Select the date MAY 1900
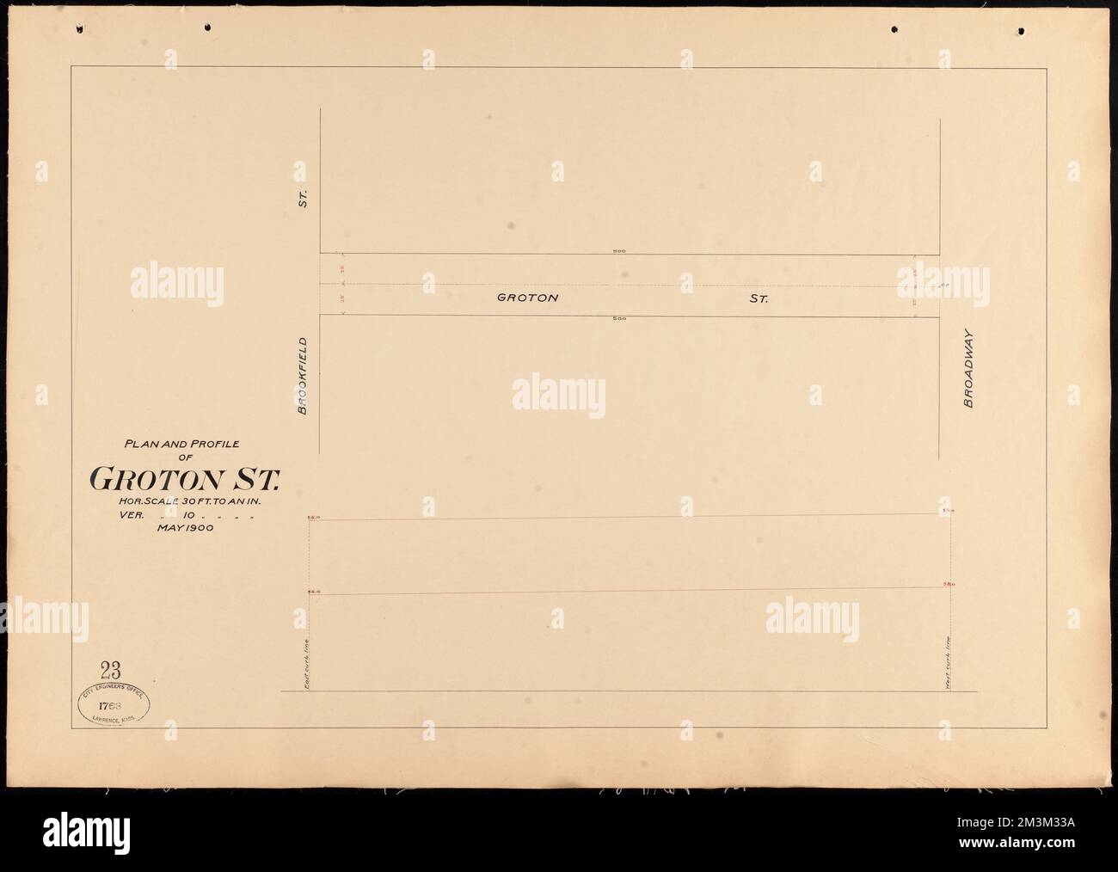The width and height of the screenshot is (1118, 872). pos(184,530)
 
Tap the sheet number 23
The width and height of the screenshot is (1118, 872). pos(109,668)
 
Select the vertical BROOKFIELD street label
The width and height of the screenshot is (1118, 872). pos(303,375)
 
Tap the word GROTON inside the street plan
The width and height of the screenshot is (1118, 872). pos(528,298)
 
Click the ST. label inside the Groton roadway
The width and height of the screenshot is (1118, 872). pos(758,299)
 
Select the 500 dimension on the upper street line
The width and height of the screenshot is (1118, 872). pos(618,251)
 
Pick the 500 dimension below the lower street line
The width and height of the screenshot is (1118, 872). pos(618,319)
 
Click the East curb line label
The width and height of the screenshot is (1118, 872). pos(305,667)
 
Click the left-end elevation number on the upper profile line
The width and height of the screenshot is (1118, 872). pos(314,518)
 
